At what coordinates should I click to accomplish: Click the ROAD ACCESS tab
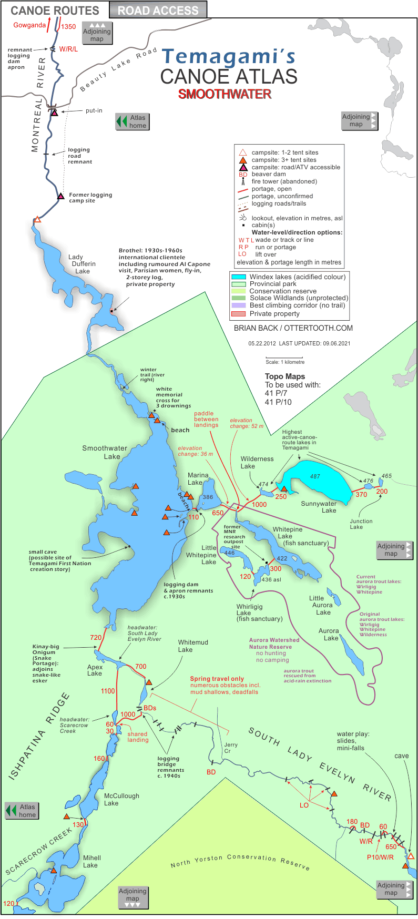[x=158, y=10]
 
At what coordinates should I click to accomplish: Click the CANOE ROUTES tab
[x=55, y=11]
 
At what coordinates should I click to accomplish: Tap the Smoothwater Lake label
[x=105, y=452]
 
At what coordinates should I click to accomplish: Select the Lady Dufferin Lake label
[x=83, y=264]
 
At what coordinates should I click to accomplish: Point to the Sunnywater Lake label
[x=319, y=507]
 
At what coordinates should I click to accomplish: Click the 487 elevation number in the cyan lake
[x=315, y=476]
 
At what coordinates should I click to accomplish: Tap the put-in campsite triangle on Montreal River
[x=54, y=113]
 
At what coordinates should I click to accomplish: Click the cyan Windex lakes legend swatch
[x=239, y=277]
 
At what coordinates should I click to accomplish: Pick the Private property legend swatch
[x=239, y=314]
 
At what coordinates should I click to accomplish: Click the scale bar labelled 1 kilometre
[x=284, y=358]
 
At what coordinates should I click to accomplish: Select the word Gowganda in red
[x=29, y=25]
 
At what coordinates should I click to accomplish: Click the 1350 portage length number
[x=68, y=27]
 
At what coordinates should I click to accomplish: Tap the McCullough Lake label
[x=121, y=799]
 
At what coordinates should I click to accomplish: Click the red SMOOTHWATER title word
[x=225, y=94]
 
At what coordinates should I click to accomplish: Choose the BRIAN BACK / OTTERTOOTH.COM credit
[x=293, y=328]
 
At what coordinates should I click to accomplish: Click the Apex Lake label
[x=95, y=670]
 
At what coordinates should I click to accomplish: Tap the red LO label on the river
[x=304, y=805]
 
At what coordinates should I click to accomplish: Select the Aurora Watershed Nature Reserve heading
[x=274, y=643]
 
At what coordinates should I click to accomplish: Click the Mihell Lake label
[x=91, y=861]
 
